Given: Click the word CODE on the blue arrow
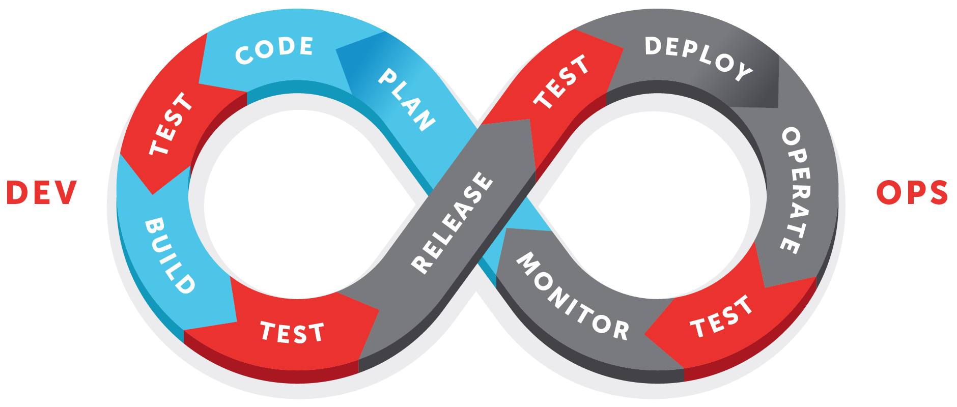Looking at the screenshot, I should (274, 50).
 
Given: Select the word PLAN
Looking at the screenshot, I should (406, 100).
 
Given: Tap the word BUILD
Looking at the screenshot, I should (170, 255).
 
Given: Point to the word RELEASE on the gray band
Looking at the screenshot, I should (452, 222).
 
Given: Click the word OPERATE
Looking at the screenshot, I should (796, 190).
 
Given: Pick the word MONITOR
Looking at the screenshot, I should (573, 296).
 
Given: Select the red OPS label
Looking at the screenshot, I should (912, 193).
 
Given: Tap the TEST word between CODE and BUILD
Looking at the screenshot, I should (171, 124).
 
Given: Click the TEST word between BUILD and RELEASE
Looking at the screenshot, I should (292, 332).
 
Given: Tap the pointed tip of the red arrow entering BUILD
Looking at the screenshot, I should (153, 194).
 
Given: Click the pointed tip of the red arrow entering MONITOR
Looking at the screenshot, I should (645, 334).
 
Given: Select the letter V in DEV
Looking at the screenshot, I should (66, 193).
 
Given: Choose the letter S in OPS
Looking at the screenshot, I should (937, 193).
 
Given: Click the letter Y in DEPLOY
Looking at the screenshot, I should (744, 72).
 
